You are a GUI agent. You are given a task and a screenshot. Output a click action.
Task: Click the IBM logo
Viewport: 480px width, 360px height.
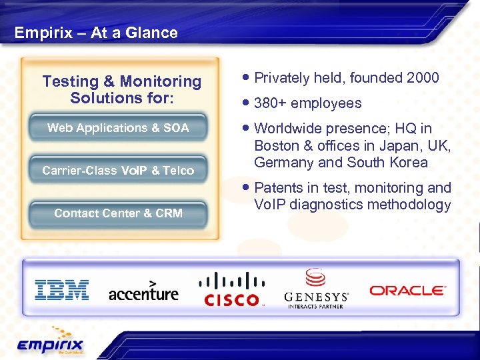coord(61,290)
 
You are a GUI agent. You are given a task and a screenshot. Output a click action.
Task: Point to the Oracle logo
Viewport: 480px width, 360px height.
coord(407,290)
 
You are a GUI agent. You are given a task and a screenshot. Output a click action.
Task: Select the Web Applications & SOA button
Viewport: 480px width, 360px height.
coord(118,128)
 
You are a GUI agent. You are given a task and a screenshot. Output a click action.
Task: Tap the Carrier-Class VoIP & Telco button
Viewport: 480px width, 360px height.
coord(118,171)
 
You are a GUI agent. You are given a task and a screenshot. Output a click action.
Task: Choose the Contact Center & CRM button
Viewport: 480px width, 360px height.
coord(118,213)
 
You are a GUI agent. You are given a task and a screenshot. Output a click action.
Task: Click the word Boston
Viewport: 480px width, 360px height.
coord(276,146)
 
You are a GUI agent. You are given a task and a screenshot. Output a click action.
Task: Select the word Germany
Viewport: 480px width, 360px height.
coord(281,163)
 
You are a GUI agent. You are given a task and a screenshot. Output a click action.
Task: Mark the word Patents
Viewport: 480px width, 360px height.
coord(277,188)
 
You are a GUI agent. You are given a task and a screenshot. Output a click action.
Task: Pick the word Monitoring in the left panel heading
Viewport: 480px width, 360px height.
coord(161,81)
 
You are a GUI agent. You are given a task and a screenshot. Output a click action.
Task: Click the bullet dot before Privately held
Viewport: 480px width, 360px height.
coord(247,77)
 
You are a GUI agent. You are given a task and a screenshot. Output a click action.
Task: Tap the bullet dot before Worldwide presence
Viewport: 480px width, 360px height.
coord(247,128)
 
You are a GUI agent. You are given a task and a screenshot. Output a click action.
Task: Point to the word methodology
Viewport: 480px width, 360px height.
coord(410,205)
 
